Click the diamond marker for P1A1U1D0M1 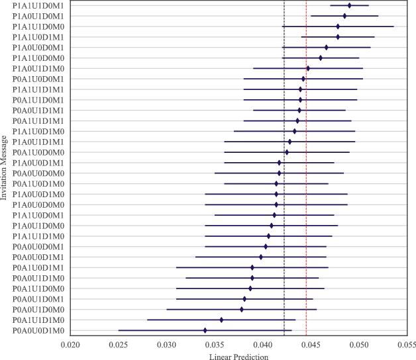pos(349,5)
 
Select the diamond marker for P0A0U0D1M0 pos(205,330)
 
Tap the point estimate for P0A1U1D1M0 pos(221,320)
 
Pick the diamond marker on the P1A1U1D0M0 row pos(338,26)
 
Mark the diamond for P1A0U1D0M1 pos(344,15)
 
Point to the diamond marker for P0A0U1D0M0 pos(242,309)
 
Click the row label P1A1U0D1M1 pos(38,37)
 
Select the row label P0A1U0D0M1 pos(38,79)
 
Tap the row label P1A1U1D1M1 pos(38,89)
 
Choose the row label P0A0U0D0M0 pos(38,173)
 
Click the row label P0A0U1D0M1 pos(38,299)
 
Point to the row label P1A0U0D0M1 pos(38,48)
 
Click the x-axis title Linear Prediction pos(238,356)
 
